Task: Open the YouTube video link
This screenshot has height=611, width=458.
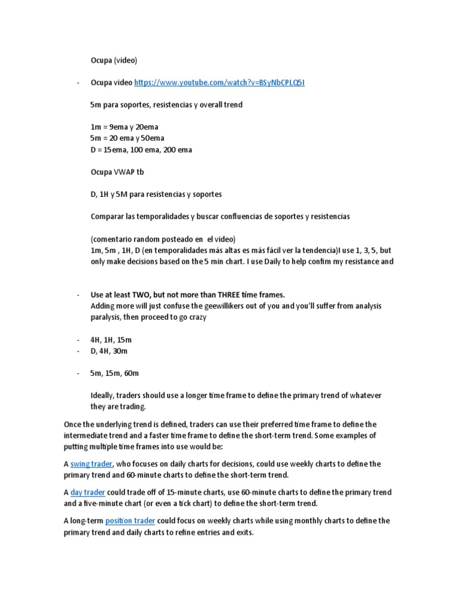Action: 219,82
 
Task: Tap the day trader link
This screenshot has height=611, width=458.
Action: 88,492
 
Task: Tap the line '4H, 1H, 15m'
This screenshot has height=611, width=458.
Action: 111,340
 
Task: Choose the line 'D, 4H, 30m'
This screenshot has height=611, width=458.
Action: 109,351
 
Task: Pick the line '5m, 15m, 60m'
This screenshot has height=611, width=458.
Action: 114,374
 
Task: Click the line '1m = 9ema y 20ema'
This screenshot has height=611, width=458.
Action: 124,127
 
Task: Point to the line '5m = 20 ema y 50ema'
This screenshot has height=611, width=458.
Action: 128,138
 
